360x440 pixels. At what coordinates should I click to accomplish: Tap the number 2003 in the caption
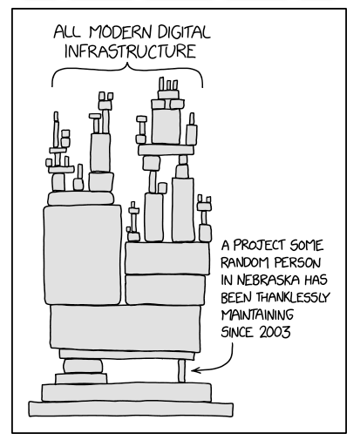[275, 332]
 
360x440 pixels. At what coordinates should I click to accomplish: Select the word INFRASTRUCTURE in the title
[130, 51]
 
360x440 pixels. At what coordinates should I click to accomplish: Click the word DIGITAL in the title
[184, 32]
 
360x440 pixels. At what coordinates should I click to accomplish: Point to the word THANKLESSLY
[293, 297]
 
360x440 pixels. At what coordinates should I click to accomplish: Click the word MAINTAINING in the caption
[257, 315]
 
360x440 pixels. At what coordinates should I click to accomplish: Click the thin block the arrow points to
[181, 371]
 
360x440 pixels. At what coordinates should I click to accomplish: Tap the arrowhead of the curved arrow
[195, 370]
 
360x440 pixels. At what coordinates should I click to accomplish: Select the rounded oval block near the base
[83, 367]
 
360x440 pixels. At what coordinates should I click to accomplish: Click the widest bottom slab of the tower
[131, 409]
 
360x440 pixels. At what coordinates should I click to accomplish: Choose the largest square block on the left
[83, 255]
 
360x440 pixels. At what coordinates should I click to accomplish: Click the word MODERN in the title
[120, 32]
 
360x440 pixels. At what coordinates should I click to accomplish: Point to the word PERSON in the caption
[297, 263]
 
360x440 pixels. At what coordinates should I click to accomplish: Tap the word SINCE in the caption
[237, 332]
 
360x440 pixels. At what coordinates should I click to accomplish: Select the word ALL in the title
[67, 32]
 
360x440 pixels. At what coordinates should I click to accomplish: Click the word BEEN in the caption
[236, 297]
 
